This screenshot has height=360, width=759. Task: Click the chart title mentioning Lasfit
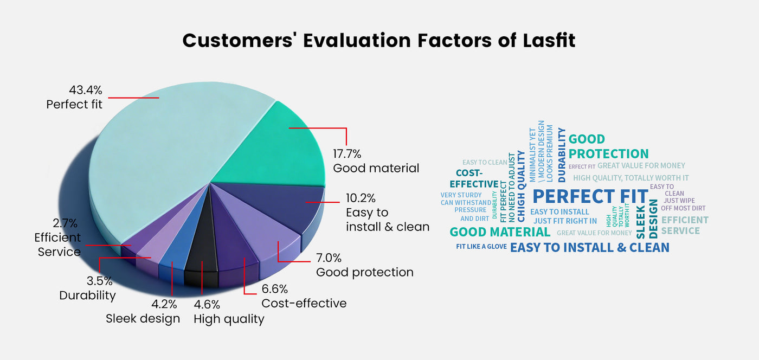point(379,41)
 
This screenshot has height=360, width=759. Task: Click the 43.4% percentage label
point(86,90)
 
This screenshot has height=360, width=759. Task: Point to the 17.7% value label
point(347,153)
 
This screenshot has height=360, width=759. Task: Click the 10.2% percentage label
point(361,198)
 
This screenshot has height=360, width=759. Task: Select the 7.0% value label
point(329,258)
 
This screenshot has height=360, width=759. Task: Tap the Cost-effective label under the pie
point(304,303)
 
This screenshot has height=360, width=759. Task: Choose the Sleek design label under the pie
point(143,318)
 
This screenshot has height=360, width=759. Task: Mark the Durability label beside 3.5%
point(87,295)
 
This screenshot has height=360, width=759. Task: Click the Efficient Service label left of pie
point(57,245)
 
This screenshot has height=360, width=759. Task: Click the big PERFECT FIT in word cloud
point(590,196)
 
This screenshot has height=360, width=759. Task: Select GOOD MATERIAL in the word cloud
point(500,232)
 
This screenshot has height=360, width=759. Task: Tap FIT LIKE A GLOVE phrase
point(481,247)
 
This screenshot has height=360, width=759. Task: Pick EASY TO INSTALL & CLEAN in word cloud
point(590,248)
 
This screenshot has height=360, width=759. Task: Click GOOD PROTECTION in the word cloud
point(608,146)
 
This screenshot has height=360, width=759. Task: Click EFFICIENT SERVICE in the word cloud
point(684,225)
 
